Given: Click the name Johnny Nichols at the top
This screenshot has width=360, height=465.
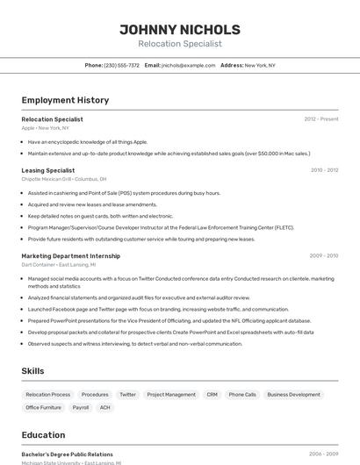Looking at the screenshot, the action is click(x=180, y=29).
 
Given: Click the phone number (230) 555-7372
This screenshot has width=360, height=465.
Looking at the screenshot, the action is click(x=121, y=65).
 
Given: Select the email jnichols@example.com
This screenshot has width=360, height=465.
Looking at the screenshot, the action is click(x=189, y=65).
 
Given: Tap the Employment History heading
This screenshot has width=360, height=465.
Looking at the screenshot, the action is click(x=65, y=100).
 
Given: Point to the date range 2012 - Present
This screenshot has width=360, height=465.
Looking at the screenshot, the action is click(x=321, y=118).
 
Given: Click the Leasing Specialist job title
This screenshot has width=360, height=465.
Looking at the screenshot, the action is click(x=48, y=170).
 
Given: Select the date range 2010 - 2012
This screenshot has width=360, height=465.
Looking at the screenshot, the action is click(x=324, y=170).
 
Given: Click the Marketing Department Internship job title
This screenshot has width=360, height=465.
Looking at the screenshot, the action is click(x=70, y=256).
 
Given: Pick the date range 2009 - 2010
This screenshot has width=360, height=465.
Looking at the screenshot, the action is click(x=324, y=256).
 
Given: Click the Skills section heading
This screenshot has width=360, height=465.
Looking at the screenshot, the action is click(x=33, y=371).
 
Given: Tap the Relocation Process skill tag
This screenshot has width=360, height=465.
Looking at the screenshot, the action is click(x=48, y=395).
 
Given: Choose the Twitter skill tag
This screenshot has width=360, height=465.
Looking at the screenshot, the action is click(x=128, y=395).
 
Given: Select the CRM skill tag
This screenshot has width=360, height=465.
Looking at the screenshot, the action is click(x=212, y=395).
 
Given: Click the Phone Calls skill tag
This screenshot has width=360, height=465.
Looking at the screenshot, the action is click(x=242, y=395).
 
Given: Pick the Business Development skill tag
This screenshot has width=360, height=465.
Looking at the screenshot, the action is click(x=294, y=395).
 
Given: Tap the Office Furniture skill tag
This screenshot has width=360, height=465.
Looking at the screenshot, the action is click(x=44, y=407).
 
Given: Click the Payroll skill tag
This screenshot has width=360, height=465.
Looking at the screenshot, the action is click(x=81, y=407).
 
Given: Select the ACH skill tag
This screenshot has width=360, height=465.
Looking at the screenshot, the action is click(x=105, y=407).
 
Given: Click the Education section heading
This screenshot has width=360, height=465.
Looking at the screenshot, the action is click(x=43, y=435).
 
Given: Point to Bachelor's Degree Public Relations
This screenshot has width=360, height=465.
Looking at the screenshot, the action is click(x=68, y=454).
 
